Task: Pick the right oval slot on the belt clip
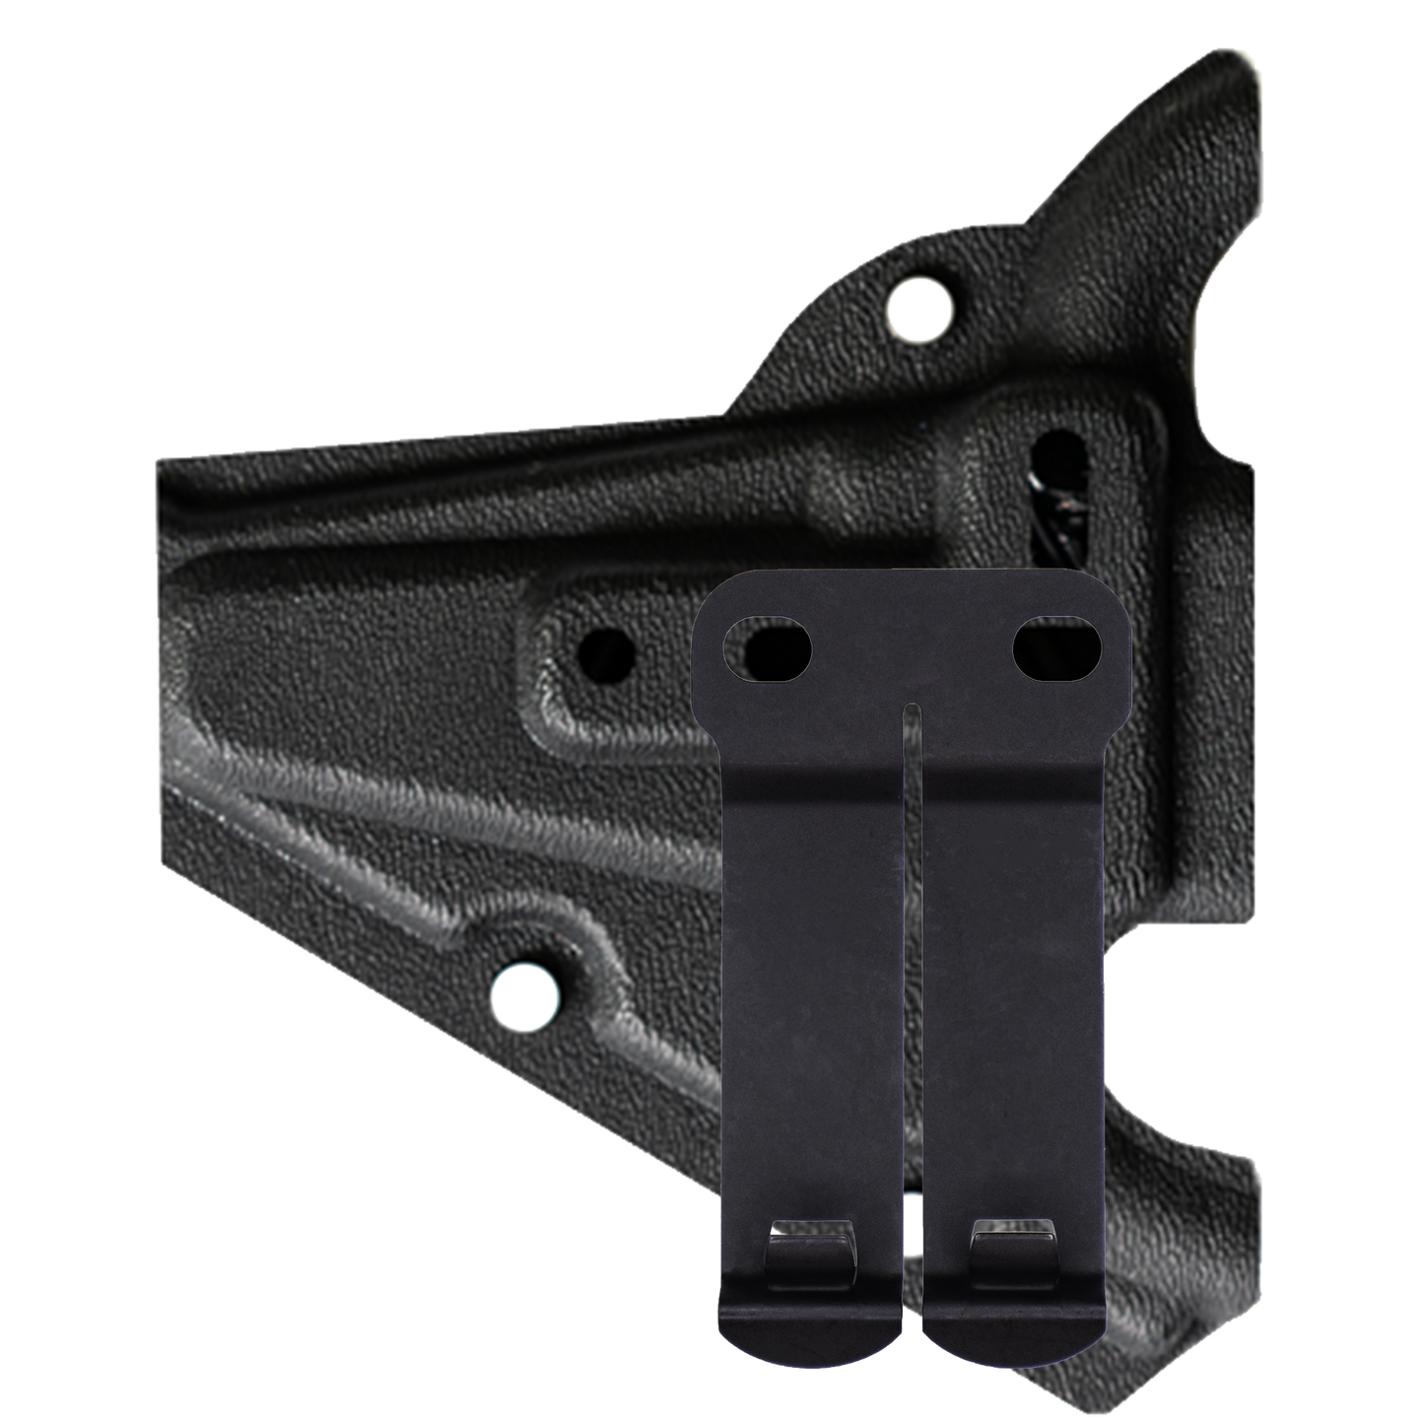(1057, 649)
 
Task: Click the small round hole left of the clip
(605, 652)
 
